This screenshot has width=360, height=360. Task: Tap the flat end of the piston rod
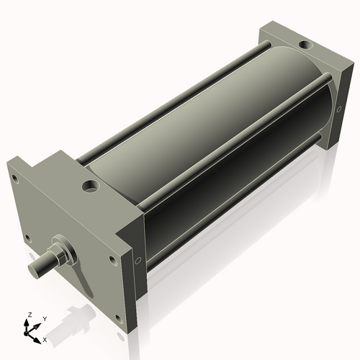click(x=35, y=269)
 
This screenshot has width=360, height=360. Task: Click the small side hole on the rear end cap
click(x=338, y=109)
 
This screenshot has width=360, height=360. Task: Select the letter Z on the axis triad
click(x=29, y=315)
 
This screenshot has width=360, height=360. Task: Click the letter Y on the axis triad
click(x=44, y=318)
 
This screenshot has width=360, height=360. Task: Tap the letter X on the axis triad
click(x=45, y=338)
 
